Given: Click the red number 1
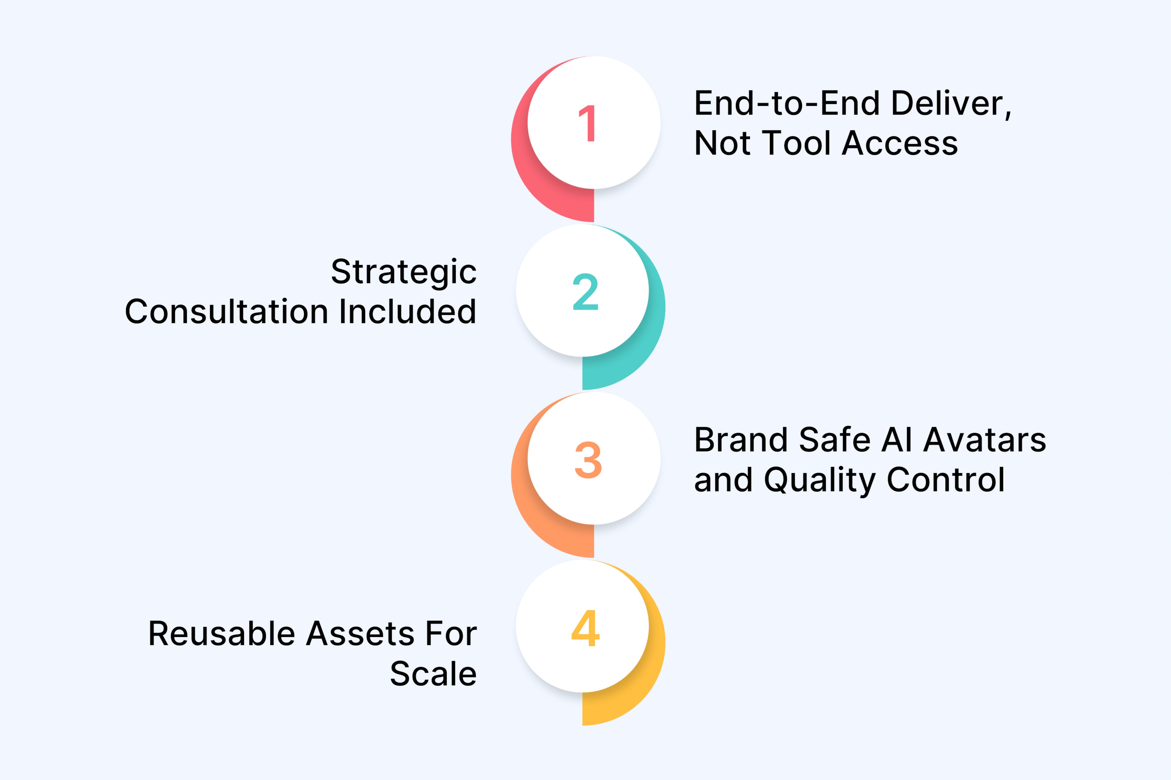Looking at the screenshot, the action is [588, 123].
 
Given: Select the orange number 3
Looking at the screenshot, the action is [588, 460].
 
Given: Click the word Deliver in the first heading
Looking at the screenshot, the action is [951, 104].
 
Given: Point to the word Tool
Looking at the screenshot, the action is [797, 143].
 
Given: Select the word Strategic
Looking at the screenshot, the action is [404, 273].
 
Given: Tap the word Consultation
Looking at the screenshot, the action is [227, 312].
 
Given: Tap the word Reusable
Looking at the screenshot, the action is [222, 634].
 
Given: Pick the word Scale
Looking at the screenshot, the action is [433, 674].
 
